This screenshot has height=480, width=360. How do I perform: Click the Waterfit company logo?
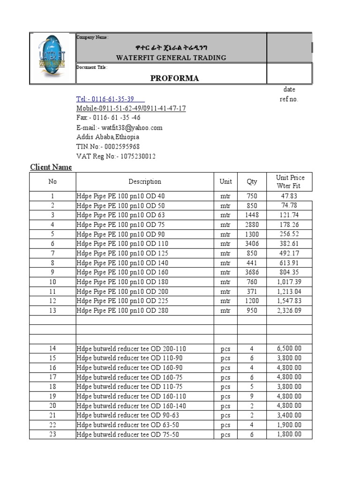pyautogui.click(x=52, y=58)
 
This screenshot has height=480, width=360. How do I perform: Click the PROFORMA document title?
pyautogui.click(x=174, y=78)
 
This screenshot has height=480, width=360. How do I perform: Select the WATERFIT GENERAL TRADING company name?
pyautogui.click(x=171, y=58)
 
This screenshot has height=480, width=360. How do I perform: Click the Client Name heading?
pyautogui.click(x=51, y=167)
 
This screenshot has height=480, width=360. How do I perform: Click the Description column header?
pyautogui.click(x=145, y=181)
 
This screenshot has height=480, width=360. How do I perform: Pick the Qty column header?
pyautogui.click(x=252, y=181)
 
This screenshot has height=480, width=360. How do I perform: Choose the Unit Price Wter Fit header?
pyautogui.click(x=290, y=181)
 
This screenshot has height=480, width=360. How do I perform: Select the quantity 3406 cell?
pyautogui.click(x=252, y=244)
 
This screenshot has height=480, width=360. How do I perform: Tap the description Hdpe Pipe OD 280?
pyautogui.click(x=122, y=310)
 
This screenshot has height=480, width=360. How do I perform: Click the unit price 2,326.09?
pyautogui.click(x=289, y=310)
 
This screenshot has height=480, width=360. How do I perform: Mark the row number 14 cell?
pyautogui.click(x=52, y=348)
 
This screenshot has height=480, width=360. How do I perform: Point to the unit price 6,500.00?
pyautogui.click(x=289, y=348)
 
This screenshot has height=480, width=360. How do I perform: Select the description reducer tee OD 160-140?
pyautogui.click(x=130, y=405)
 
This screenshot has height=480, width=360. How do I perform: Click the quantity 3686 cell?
pyautogui.click(x=252, y=272)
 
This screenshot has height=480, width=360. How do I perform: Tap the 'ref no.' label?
pyautogui.click(x=289, y=99)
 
